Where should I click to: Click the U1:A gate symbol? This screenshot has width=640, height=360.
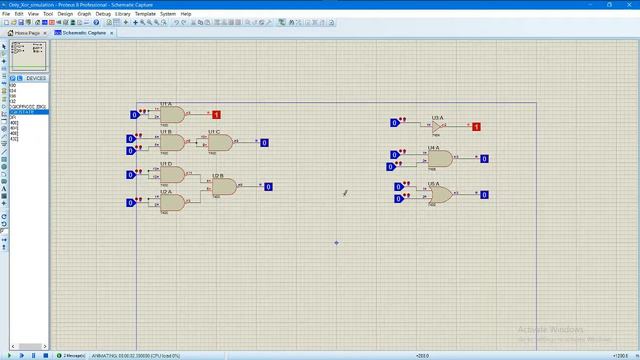click(172, 115)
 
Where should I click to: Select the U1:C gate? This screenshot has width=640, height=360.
click(220, 142)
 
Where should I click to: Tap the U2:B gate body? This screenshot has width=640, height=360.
click(225, 186)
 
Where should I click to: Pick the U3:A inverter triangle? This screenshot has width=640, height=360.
click(437, 126)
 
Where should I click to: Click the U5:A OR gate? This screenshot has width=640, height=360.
click(439, 194)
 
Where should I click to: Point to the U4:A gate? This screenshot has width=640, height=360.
click(439, 158)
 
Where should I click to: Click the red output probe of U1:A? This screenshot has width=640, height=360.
click(216, 115)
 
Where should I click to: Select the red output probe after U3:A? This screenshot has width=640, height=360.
click(476, 127)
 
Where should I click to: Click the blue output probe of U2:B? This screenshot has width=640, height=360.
click(268, 186)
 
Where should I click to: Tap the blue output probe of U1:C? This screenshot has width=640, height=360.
click(264, 143)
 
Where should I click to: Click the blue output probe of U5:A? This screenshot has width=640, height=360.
click(484, 194)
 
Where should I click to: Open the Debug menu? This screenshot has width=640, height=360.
click(103, 14)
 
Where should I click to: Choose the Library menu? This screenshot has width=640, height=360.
click(122, 14)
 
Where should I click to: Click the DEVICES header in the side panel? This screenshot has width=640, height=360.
click(36, 78)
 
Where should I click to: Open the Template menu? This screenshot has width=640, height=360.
click(145, 14)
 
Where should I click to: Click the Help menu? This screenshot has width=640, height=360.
click(186, 14)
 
